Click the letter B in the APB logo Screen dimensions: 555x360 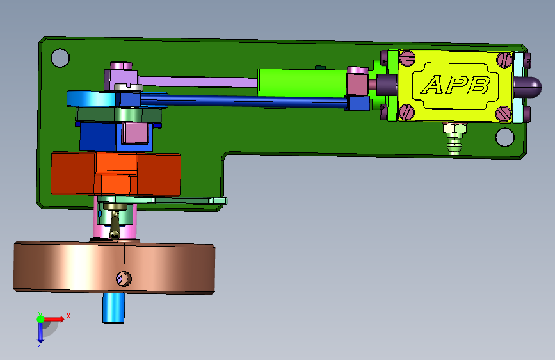pyautogui.click(x=478, y=85)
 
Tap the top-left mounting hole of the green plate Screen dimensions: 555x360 pyautogui.click(x=60, y=58)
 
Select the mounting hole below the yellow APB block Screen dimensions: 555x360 pyautogui.click(x=504, y=137)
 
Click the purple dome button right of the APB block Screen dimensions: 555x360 pyautogui.click(x=527, y=87)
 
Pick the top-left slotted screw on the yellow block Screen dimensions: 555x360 pyautogui.click(x=407, y=58)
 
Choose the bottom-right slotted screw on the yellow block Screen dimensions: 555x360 pyautogui.click(x=503, y=114)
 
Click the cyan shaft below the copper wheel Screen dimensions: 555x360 pyautogui.click(x=113, y=308)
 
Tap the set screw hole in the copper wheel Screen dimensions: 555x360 pyautogui.click(x=124, y=279)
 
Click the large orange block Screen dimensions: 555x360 pyautogui.click(x=116, y=174)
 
